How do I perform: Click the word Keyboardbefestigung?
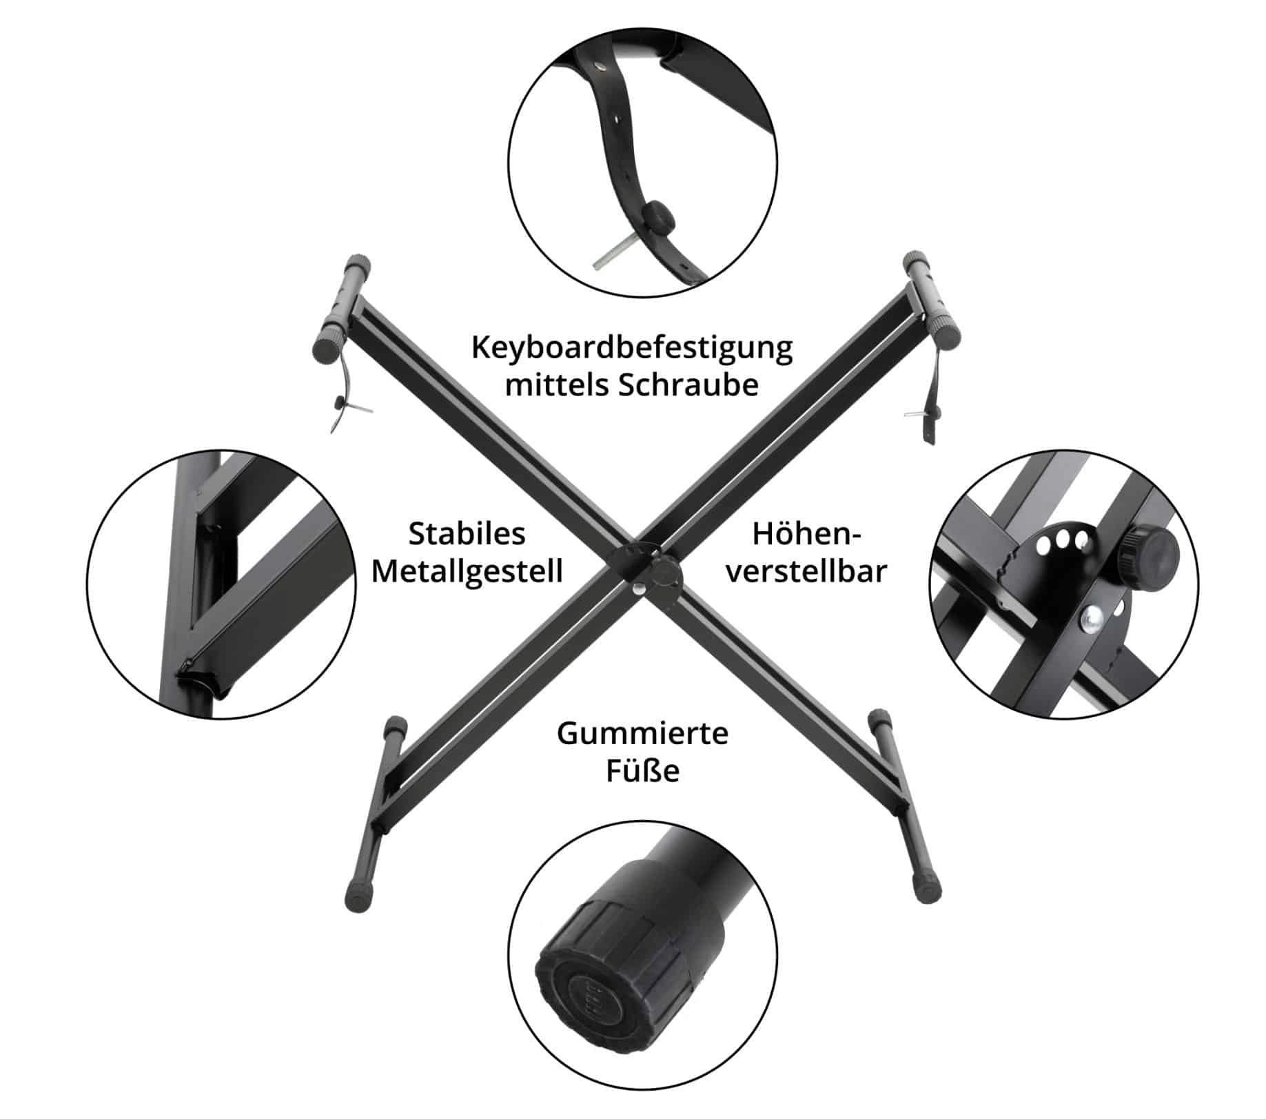pos(631,348)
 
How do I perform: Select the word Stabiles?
pos(467,533)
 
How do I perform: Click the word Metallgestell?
pos(467,571)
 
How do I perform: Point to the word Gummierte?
pos(642,733)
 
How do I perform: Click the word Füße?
pos(642,771)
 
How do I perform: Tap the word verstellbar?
pos(806,571)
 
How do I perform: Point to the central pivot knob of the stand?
pos(666,572)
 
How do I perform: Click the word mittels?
pos(556,385)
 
